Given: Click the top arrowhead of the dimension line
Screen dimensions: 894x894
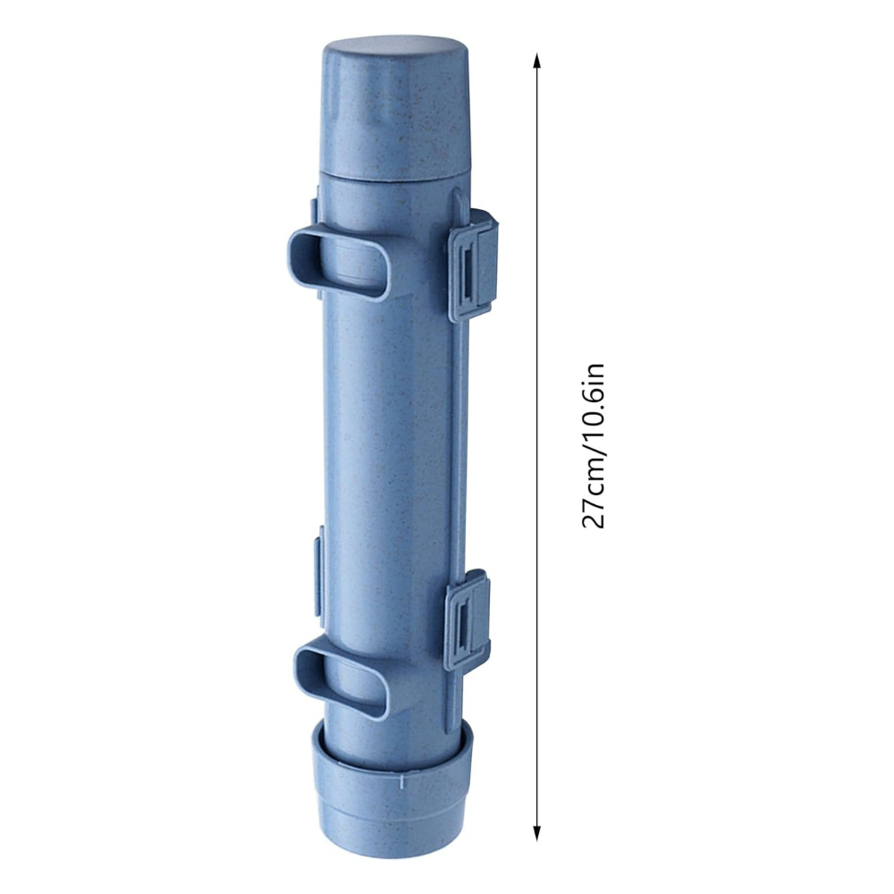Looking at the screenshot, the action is click(536, 61).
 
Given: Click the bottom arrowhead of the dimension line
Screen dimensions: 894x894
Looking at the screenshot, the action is click(536, 833).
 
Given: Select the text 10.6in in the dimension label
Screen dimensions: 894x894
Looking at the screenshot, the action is click(593, 399).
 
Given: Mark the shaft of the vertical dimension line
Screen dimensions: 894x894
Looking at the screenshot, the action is click(536, 447).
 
